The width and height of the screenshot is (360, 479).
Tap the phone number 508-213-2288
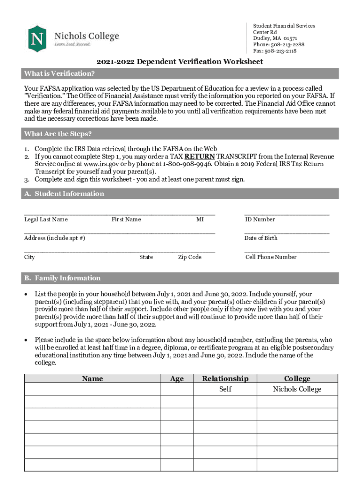[287, 45]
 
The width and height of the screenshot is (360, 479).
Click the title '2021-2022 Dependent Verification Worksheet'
[180, 62]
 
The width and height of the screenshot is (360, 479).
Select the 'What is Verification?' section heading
[59, 73]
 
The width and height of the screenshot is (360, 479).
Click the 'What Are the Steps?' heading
[58, 134]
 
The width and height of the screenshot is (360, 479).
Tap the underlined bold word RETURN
[200, 157]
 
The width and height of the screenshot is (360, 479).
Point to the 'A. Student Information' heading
[64, 194]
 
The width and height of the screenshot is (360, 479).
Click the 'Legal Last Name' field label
[46, 219]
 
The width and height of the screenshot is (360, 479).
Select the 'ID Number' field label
[260, 219]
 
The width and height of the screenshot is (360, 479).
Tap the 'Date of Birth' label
[261, 238]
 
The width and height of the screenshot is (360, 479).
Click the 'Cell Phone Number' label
[271, 257]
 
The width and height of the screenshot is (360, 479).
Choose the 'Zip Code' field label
[189, 257]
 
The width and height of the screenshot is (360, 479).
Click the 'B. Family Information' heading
[62, 278]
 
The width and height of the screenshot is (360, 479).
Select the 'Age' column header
[177, 379]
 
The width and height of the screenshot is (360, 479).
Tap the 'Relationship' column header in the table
[225, 379]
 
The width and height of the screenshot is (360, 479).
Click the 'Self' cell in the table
[225, 389]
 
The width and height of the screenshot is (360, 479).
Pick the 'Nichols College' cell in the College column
[297, 389]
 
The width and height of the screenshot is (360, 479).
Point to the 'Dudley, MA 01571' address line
[275, 38]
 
